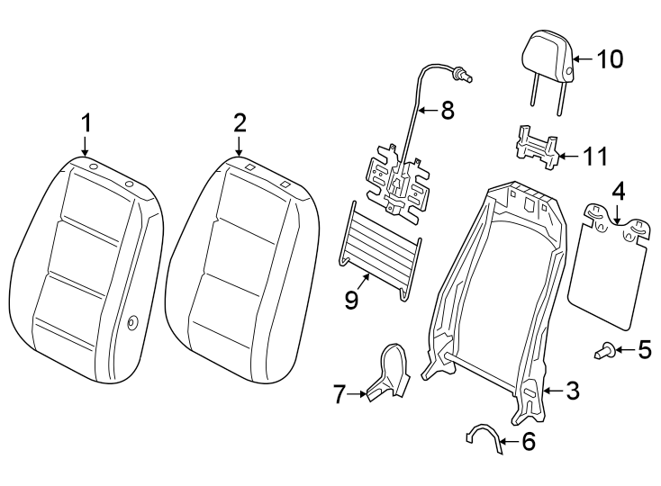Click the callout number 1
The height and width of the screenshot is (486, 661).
pyautogui.click(x=86, y=121)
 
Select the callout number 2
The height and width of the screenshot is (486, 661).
pyautogui.click(x=239, y=121)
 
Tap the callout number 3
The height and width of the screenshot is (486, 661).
pyautogui.click(x=572, y=391)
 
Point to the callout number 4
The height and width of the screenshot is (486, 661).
pyautogui.click(x=618, y=192)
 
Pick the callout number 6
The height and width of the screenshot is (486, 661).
pyautogui.click(x=528, y=441)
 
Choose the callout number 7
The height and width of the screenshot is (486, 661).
pyautogui.click(x=339, y=392)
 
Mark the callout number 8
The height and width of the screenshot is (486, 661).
pyautogui.click(x=446, y=111)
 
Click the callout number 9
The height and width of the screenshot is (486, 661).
pyautogui.click(x=351, y=299)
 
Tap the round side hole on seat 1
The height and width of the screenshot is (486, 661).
pyautogui.click(x=132, y=324)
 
